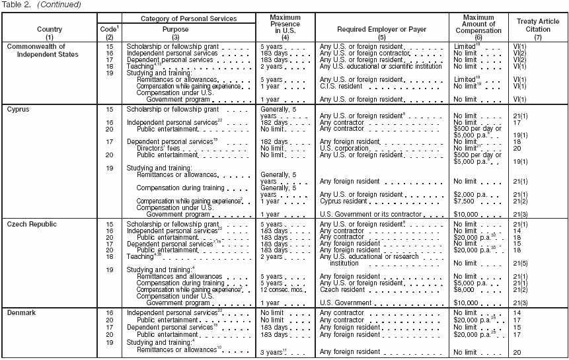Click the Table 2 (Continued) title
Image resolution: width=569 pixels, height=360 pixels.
pyautogui.click(x=41, y=5)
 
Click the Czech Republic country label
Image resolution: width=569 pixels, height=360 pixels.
pyautogui.click(x=32, y=225)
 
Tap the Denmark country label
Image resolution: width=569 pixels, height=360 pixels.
pyautogui.click(x=22, y=312)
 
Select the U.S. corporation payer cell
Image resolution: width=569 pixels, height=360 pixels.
pyautogui.click(x=345, y=149)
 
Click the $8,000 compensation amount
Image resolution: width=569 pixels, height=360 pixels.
pyautogui.click(x=465, y=289)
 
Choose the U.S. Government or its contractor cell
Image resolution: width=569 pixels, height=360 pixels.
pyautogui.click(x=370, y=214)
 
